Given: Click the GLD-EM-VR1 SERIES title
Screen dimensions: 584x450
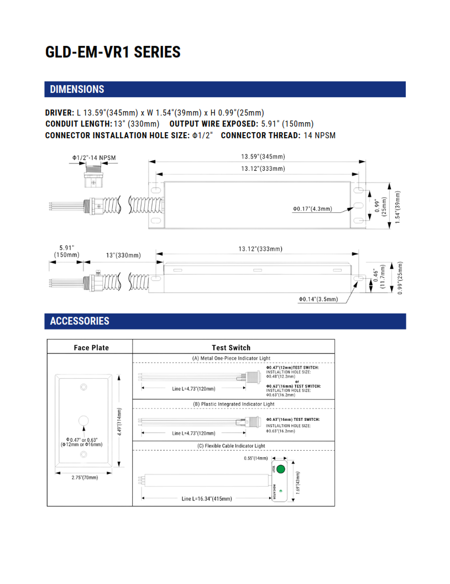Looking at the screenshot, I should [x=113, y=52].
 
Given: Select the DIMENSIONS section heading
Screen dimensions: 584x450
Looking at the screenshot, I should [x=77, y=89].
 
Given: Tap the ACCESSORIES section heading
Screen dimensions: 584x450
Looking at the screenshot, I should [x=80, y=321].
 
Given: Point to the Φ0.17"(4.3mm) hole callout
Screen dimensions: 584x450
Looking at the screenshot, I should [x=312, y=209].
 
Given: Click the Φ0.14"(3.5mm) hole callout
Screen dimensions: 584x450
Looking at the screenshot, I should [x=318, y=299].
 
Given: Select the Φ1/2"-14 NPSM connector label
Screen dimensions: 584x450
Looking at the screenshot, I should [x=94, y=158].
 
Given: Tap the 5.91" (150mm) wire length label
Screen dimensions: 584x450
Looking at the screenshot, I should [x=66, y=251].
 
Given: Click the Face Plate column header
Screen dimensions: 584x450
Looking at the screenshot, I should [x=91, y=347].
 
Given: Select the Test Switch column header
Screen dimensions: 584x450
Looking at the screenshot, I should [x=231, y=347].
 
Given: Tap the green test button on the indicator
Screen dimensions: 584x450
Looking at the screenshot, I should [x=280, y=470].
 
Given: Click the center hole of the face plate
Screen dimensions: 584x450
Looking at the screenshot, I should [x=83, y=420].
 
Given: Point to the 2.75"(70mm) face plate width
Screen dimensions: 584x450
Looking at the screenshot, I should [x=85, y=477].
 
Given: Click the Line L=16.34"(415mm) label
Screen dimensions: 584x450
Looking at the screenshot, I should [x=207, y=498].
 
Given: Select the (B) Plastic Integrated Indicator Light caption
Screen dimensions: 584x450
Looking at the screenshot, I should [x=233, y=404].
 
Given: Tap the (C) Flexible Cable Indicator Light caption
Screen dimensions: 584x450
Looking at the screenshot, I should [x=231, y=446].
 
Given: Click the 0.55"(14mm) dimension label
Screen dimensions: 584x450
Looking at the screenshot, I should [x=255, y=458].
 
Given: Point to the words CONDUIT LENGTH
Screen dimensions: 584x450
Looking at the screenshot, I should [x=78, y=124].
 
